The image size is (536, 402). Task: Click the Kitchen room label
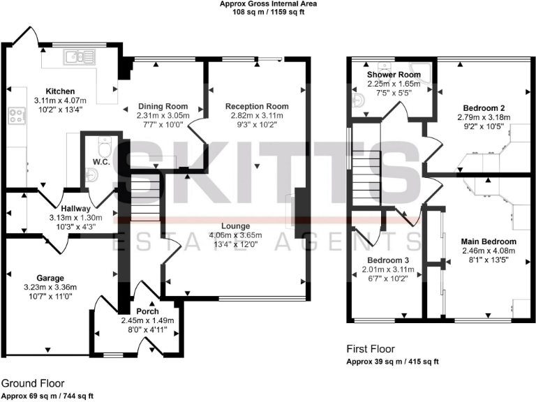click(x=60, y=91)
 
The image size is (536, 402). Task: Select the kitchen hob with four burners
click(x=15, y=116)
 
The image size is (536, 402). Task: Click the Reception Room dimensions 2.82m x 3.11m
click(x=257, y=117)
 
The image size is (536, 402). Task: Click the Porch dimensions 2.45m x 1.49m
click(x=147, y=321)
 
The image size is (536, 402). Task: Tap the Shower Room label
click(x=394, y=75)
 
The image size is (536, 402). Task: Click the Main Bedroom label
click(x=489, y=241)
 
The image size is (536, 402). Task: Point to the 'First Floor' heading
click(x=371, y=349)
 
